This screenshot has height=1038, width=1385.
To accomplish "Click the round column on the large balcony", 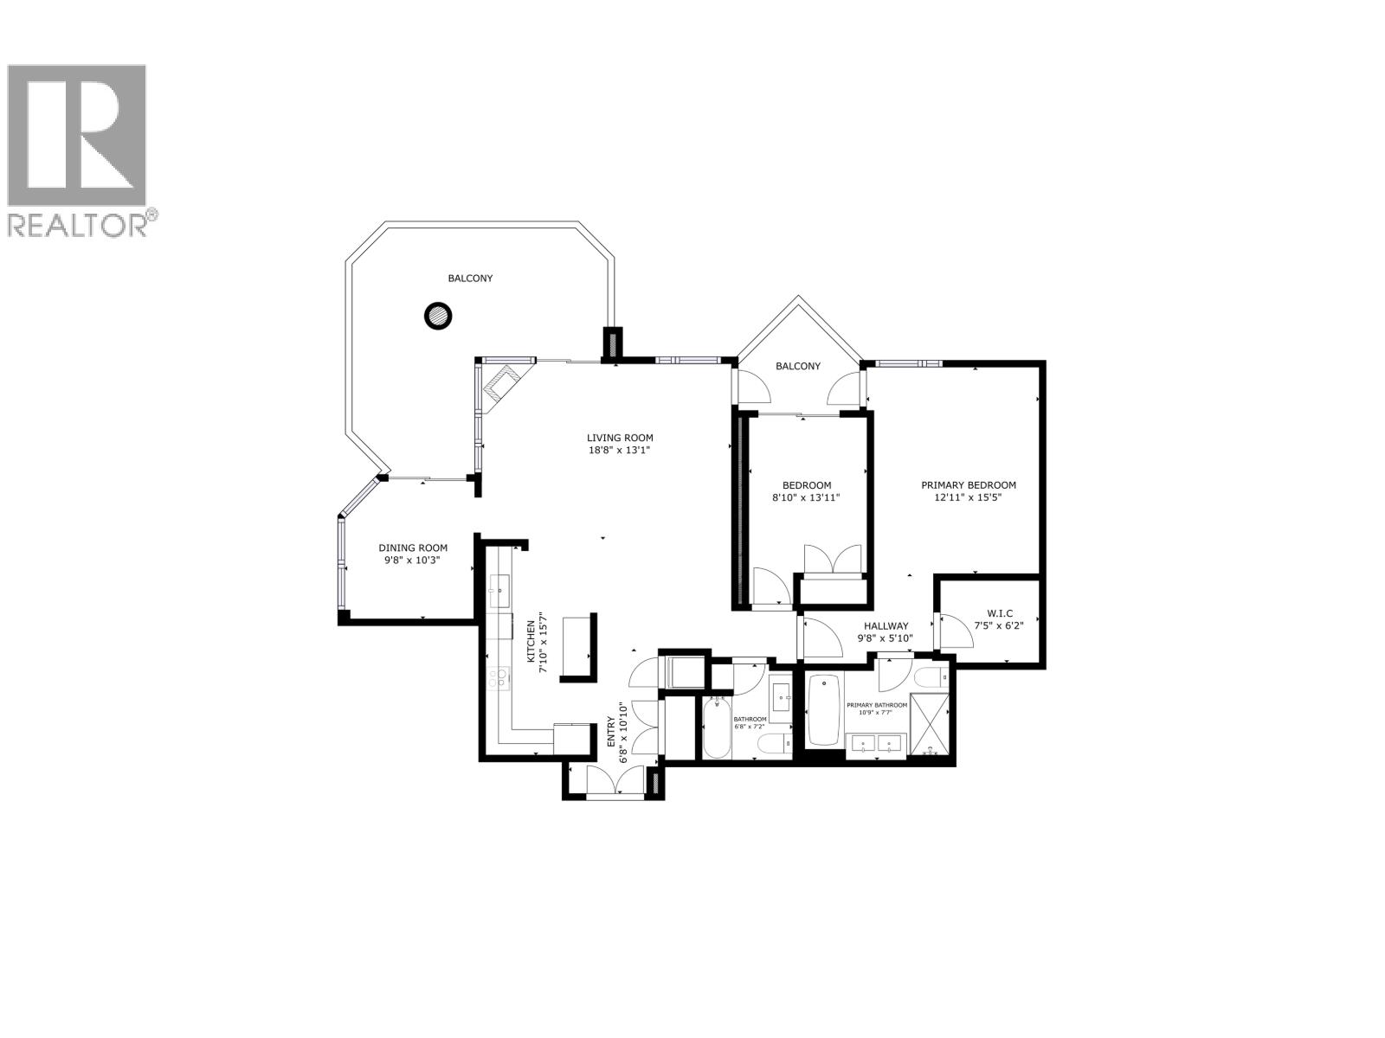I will click(438, 316).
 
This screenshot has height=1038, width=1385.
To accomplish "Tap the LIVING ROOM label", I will click(620, 438).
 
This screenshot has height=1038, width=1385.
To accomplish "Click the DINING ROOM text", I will click(413, 548).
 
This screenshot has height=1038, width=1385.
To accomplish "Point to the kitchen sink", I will click(499, 592).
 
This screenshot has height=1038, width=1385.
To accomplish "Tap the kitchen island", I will click(578, 647).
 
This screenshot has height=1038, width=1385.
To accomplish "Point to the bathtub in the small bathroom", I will click(716, 729).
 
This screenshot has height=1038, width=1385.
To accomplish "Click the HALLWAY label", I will click(885, 626).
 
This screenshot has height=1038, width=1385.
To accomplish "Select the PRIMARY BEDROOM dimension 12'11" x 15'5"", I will click(968, 498).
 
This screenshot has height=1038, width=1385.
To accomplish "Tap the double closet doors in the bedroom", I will click(833, 560).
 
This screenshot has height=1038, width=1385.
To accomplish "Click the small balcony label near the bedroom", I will click(797, 366).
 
